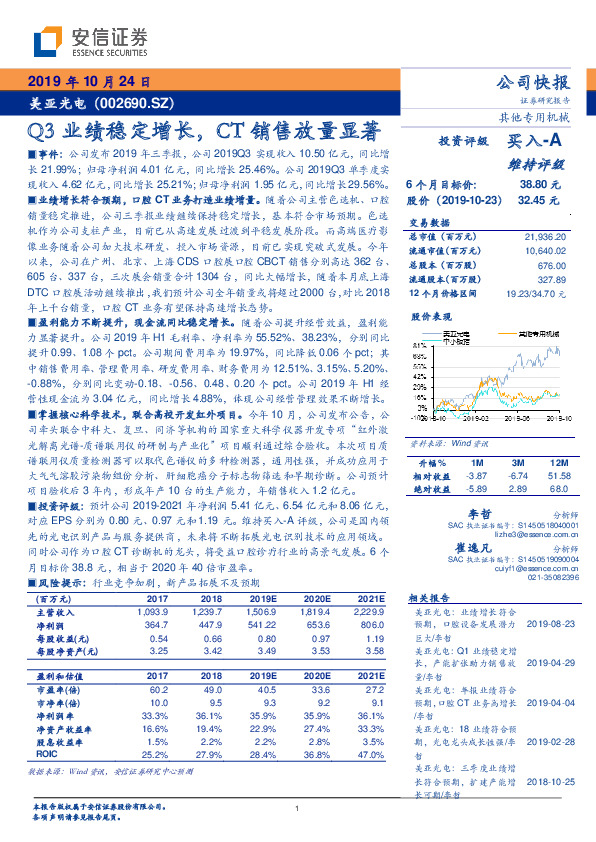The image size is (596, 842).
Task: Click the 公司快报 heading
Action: click(533, 82)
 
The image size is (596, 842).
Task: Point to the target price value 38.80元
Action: click(540, 186)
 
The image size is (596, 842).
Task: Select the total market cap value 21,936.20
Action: click(544, 233)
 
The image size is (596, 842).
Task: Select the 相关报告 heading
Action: click(431, 597)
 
